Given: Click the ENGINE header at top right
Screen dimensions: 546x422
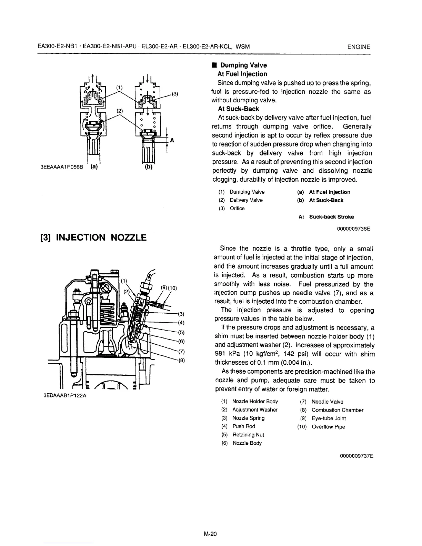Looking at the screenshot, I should pos(359,47).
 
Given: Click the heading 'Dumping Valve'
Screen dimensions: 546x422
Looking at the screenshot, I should pos(243,65).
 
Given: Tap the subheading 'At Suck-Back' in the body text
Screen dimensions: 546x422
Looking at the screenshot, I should pos(238,109).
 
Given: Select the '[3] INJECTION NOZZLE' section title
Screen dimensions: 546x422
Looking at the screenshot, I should pos(93,237).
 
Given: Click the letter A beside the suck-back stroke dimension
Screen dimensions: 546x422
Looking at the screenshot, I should pos(172,140).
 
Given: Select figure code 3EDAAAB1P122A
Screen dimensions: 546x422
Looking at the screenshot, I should pos(64,395).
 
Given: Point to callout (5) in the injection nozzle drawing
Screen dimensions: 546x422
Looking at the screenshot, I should pos(182,333).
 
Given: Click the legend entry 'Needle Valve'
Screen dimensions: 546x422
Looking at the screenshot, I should pos(327,402).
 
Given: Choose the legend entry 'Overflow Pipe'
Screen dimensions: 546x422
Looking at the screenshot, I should pos(328,427).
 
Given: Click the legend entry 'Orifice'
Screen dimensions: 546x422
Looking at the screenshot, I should pos(237,208).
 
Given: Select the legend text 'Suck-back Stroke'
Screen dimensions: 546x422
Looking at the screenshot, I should pos(331,217).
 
